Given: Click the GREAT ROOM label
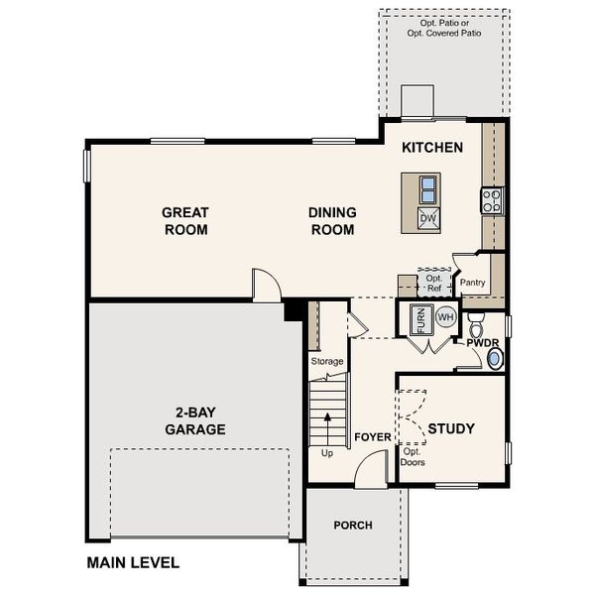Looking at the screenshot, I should tap(185, 221).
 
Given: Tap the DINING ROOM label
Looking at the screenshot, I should tap(332, 221).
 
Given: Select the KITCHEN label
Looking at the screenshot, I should tap(432, 148).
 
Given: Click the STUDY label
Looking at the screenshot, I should tap(451, 429).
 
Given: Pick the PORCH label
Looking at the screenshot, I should tap(353, 525).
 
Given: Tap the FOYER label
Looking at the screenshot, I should tap(373, 437).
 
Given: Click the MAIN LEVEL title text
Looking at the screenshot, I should tap(133, 563).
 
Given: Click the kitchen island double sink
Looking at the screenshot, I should tap(427, 188).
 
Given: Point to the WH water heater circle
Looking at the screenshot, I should tap(445, 317).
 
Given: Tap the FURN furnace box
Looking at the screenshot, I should tap(419, 319).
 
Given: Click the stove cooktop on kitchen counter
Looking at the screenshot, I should tap(491, 201).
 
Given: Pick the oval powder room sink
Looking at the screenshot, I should tap(496, 359).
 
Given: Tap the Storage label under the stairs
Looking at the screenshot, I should tap(327, 362).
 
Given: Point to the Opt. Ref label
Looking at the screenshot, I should tap(433, 284).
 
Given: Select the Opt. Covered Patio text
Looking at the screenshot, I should tap(442, 30).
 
